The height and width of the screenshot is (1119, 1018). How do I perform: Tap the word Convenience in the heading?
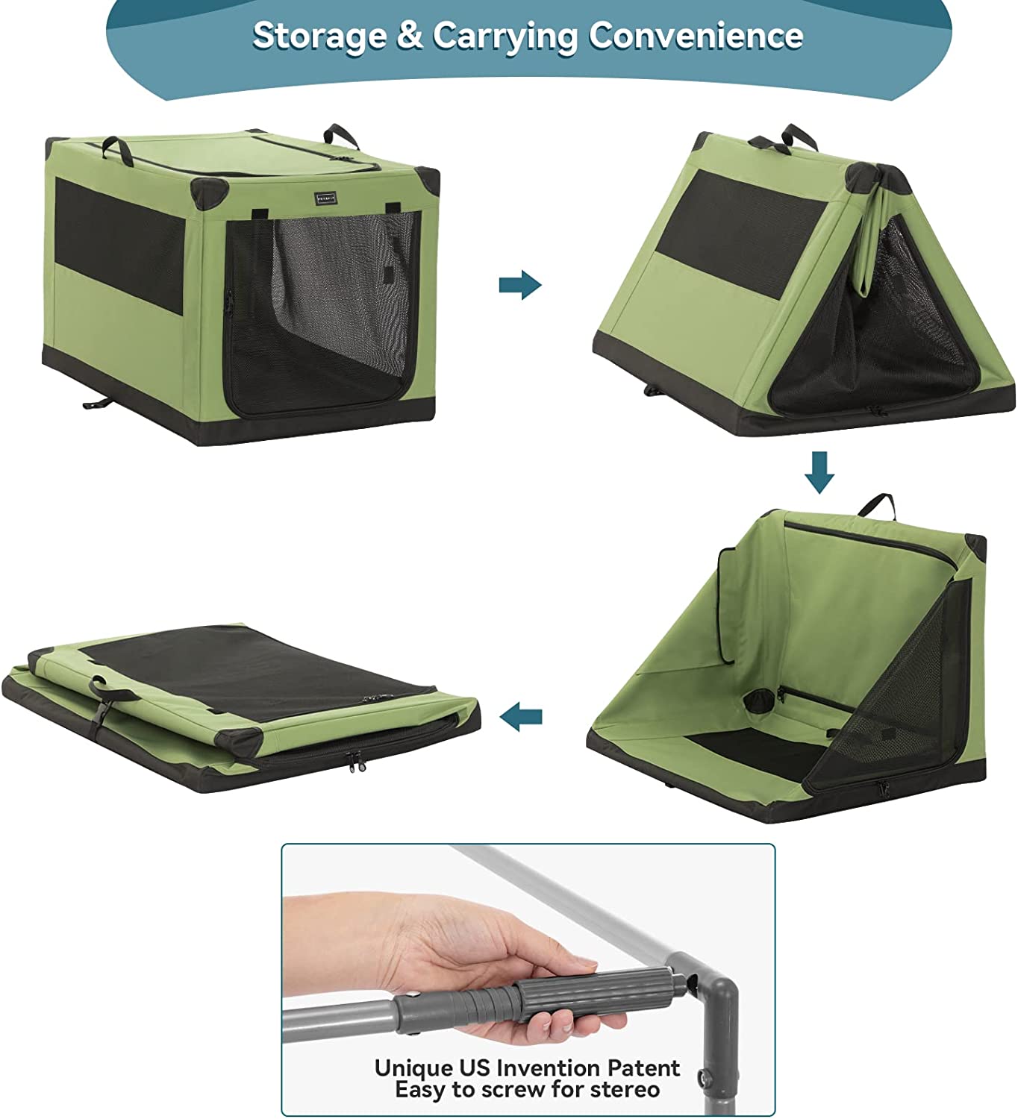point(696,35)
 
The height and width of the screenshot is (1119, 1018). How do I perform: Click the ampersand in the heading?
point(409,36)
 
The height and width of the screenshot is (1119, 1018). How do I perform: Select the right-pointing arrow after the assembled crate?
point(520,284)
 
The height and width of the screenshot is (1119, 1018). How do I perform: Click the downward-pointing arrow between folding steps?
point(819,472)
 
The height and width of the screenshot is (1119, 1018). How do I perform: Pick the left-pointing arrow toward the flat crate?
point(521,718)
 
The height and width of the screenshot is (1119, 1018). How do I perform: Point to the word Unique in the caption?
point(413,1068)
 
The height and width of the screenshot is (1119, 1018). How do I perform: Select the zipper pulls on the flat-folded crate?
point(357,761)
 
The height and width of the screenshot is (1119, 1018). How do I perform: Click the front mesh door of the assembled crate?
point(321,313)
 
